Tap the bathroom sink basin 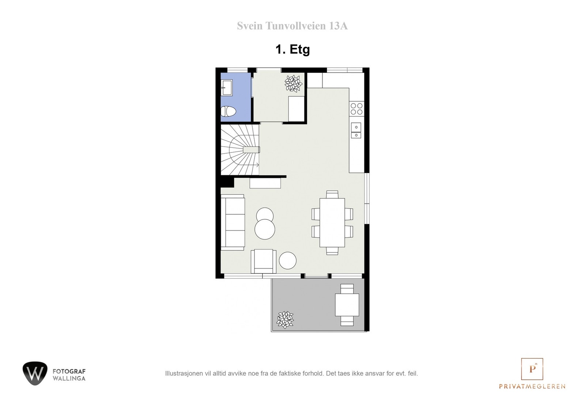point(227,87)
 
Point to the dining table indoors point(332,222)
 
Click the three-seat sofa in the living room point(233,222)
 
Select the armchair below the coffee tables point(263,261)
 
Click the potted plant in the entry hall point(293,83)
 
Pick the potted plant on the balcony point(285,319)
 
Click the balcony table point(347,305)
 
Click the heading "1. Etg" point(292,49)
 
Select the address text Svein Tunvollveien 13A point(292,26)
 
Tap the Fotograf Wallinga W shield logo point(35,373)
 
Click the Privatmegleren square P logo point(532,369)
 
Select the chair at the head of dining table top point(332,194)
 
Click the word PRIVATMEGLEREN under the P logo point(532,386)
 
